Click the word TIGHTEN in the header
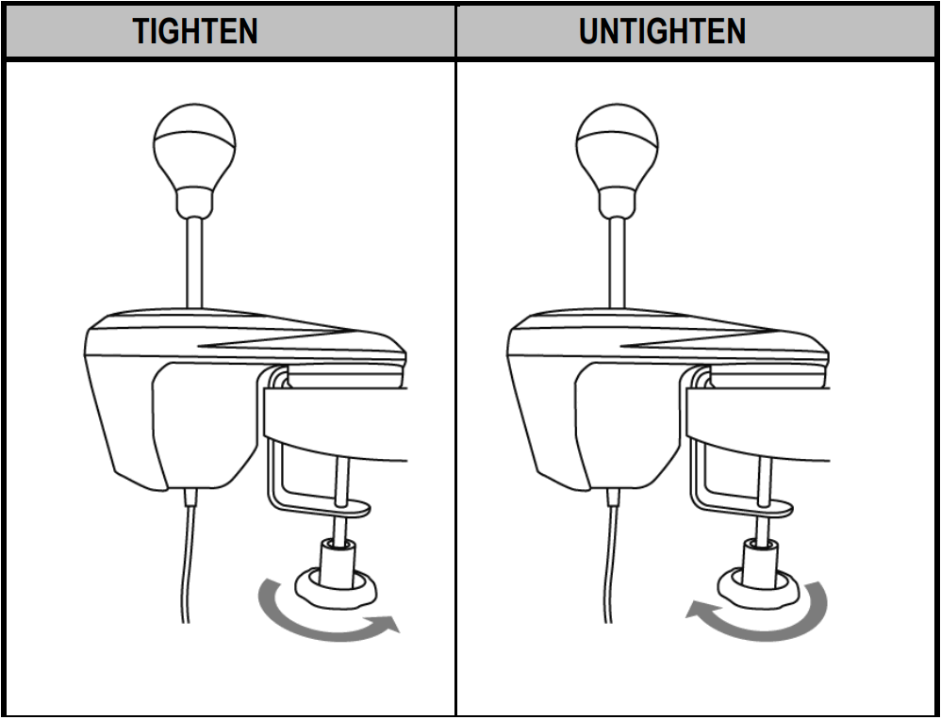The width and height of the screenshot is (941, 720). (195, 31)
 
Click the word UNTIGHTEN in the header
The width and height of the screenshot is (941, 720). (662, 31)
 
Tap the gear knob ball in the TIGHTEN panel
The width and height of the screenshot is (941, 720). (194, 146)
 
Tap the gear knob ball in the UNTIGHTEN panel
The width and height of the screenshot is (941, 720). (617, 146)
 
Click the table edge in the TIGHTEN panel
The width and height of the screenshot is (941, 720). (339, 415)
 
